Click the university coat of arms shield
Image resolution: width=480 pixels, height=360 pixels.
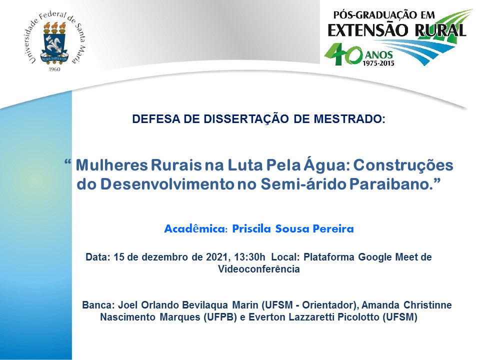(x=54, y=45)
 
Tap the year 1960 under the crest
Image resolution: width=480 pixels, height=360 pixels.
(x=54, y=69)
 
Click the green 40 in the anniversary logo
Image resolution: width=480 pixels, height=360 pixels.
(x=343, y=54)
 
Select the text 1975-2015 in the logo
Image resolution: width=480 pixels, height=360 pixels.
(x=378, y=63)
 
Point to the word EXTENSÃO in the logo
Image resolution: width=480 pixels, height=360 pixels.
(x=368, y=30)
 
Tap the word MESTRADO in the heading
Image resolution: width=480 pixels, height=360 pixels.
(x=349, y=119)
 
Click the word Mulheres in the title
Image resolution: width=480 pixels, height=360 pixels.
(x=111, y=165)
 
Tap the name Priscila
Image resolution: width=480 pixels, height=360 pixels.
(x=252, y=228)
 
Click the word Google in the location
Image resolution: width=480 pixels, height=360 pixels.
(x=375, y=257)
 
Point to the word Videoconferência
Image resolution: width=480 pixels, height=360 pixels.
(x=259, y=269)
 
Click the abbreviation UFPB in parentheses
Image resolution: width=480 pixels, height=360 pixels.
(x=220, y=317)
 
